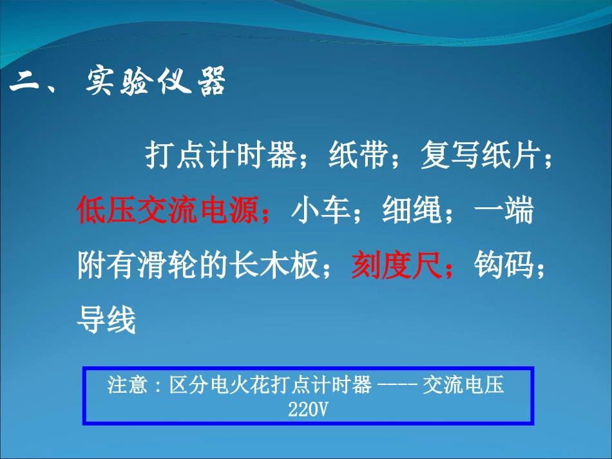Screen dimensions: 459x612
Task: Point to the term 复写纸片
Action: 481,156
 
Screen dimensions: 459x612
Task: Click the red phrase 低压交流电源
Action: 167,211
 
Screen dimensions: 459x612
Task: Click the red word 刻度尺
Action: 396,265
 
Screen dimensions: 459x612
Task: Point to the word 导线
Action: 107,319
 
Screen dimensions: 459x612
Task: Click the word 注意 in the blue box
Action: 124,386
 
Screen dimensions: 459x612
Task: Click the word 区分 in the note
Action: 186,386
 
